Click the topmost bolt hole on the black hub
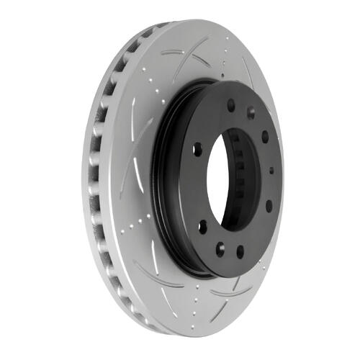[x=231, y=104]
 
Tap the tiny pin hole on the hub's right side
[x=271, y=171]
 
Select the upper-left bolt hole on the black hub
[x=197, y=150]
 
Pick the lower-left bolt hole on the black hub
[x=203, y=227]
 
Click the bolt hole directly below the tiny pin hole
[x=269, y=206]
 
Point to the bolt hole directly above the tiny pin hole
[x=265, y=137]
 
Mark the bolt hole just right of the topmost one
[x=251, y=113]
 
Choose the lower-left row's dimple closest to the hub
[x=148, y=216]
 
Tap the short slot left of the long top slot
[x=172, y=52]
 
